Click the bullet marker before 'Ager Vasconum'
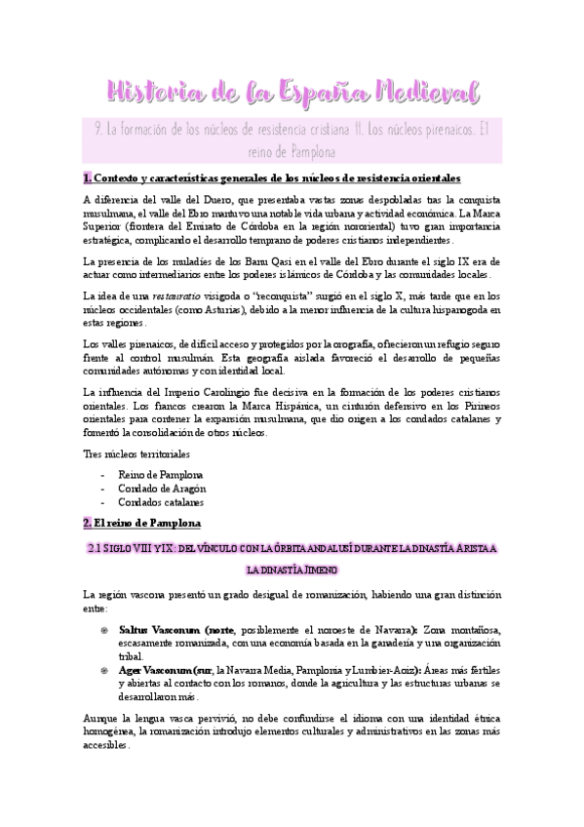click(x=104, y=672)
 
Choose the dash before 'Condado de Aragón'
click(x=103, y=489)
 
